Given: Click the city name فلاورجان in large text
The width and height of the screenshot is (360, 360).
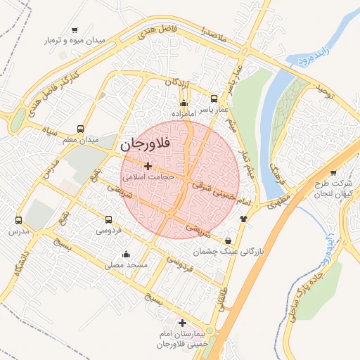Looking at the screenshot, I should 150,146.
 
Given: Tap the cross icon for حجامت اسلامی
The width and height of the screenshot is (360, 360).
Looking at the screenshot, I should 148,167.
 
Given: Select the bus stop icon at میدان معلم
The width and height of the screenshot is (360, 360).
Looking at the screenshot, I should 80,129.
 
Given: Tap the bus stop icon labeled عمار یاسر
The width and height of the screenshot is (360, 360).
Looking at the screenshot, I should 214,98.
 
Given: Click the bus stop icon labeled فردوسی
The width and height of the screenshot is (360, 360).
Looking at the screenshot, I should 108,219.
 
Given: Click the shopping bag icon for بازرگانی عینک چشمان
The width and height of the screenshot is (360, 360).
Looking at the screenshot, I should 226,240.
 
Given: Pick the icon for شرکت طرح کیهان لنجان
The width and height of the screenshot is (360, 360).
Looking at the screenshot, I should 333,172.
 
